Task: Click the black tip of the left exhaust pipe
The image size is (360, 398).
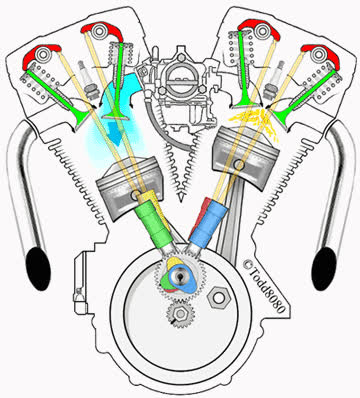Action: (38, 269)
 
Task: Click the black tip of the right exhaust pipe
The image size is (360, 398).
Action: (324, 269)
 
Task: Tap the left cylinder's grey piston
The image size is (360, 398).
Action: (129, 187)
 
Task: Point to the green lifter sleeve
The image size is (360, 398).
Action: (154, 222)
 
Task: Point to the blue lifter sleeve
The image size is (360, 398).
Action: (208, 221)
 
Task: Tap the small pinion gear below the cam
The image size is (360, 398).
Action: (180, 313)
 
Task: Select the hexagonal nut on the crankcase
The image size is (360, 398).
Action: (218, 298)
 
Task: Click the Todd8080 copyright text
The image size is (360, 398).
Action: (264, 286)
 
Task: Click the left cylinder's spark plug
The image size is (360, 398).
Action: (86, 79)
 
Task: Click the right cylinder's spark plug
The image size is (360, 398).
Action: (274, 80)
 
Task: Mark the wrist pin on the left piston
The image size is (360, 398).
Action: (136, 195)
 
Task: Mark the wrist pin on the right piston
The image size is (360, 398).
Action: (239, 164)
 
